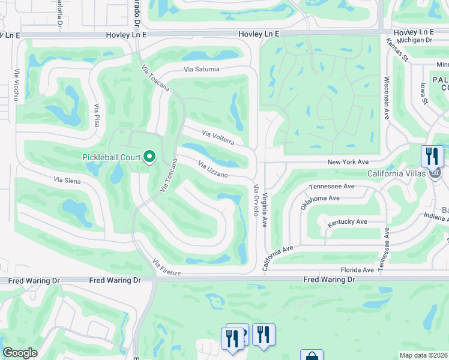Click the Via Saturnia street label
(x=202, y=70)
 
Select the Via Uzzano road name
(x=212, y=170)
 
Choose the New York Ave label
(x=348, y=162)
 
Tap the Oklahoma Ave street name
(x=320, y=202)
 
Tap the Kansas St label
(x=397, y=50)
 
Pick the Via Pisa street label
(x=96, y=115)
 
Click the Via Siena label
(x=67, y=179)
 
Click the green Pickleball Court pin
(x=149, y=157)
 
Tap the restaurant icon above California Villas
(x=432, y=156)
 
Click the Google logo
(x=20, y=353)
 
